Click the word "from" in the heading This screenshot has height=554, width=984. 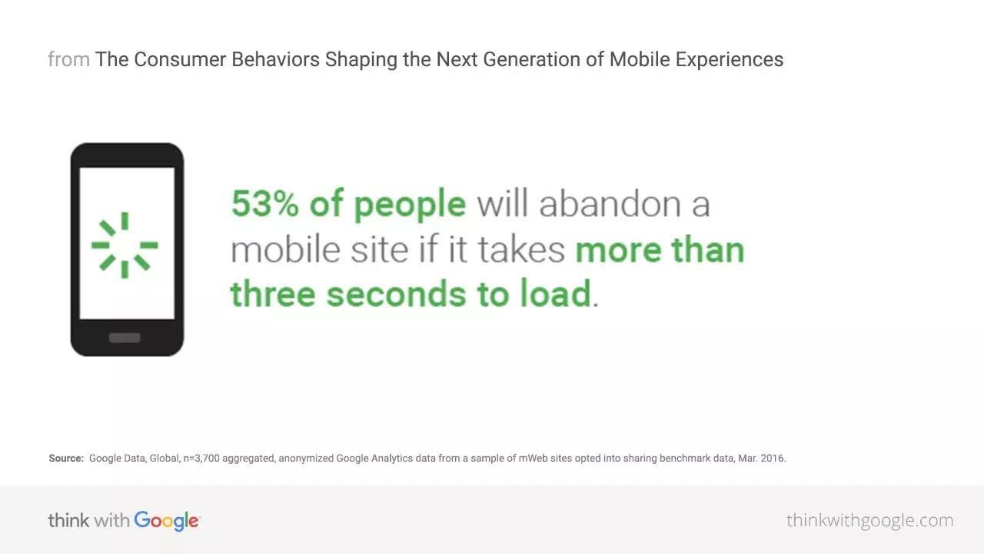(69, 59)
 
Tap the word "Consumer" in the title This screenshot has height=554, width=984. (180, 59)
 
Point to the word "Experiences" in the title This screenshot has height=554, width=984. (730, 60)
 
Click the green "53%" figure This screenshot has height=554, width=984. (265, 204)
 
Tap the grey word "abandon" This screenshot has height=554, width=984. (610, 204)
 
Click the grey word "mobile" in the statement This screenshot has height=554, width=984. (285, 249)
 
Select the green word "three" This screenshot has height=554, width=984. (273, 293)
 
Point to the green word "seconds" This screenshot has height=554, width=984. (396, 293)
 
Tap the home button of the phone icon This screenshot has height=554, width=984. (125, 338)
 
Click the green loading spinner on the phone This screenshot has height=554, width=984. (125, 245)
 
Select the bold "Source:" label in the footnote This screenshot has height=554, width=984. (66, 458)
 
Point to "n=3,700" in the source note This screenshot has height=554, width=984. (201, 459)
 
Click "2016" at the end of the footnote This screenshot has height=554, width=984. (773, 458)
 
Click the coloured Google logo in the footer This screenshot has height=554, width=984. (167, 522)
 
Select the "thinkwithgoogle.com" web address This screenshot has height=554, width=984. (869, 521)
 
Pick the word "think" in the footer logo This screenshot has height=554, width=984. (68, 521)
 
